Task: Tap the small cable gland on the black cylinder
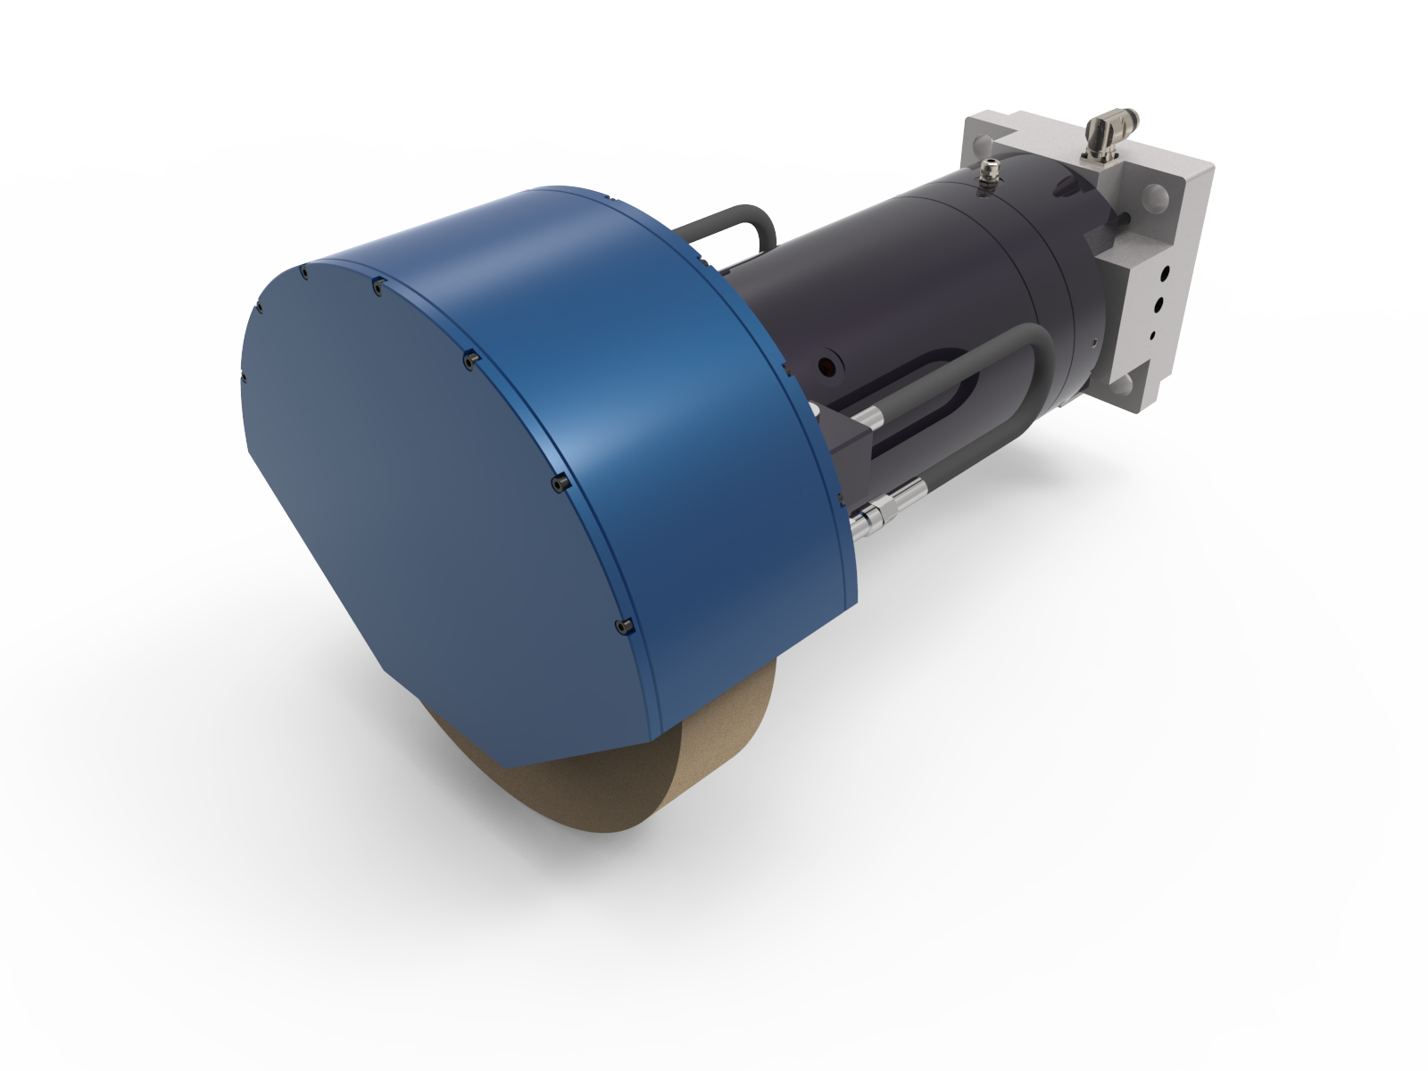coord(988,170)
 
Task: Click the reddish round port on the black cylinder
coord(827,367)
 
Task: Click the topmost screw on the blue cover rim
coord(303,270)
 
